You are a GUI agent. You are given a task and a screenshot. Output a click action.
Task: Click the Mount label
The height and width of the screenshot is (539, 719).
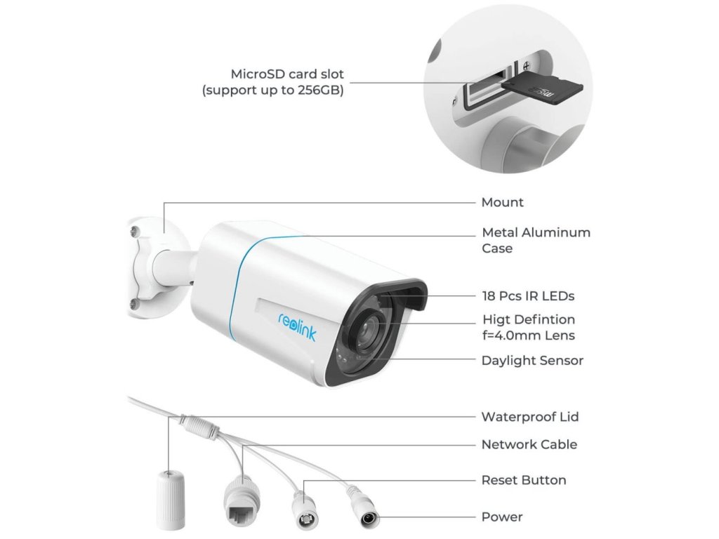click(502, 203)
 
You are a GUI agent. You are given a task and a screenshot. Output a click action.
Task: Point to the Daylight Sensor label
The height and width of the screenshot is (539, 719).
click(532, 361)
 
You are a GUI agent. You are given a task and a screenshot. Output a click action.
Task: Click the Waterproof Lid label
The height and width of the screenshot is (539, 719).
click(529, 417)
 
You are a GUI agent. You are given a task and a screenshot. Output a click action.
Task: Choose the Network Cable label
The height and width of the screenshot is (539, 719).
click(529, 444)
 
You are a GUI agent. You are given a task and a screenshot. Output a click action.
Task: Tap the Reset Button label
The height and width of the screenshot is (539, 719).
click(523, 481)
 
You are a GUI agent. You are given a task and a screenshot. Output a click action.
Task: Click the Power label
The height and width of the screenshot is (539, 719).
click(501, 517)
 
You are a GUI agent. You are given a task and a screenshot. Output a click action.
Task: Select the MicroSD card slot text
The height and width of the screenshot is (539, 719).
click(287, 74)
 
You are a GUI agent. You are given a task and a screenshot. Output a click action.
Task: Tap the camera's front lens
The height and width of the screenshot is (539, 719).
click(367, 333)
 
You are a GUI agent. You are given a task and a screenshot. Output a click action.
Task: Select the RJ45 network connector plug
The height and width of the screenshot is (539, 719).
click(240, 499)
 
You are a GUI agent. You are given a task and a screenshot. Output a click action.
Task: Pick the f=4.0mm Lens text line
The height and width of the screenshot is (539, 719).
click(528, 335)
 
